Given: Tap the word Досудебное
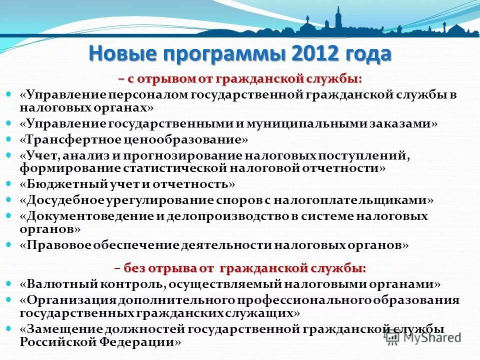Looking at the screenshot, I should pos(64,200).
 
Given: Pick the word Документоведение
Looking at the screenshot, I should pos(90,216).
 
